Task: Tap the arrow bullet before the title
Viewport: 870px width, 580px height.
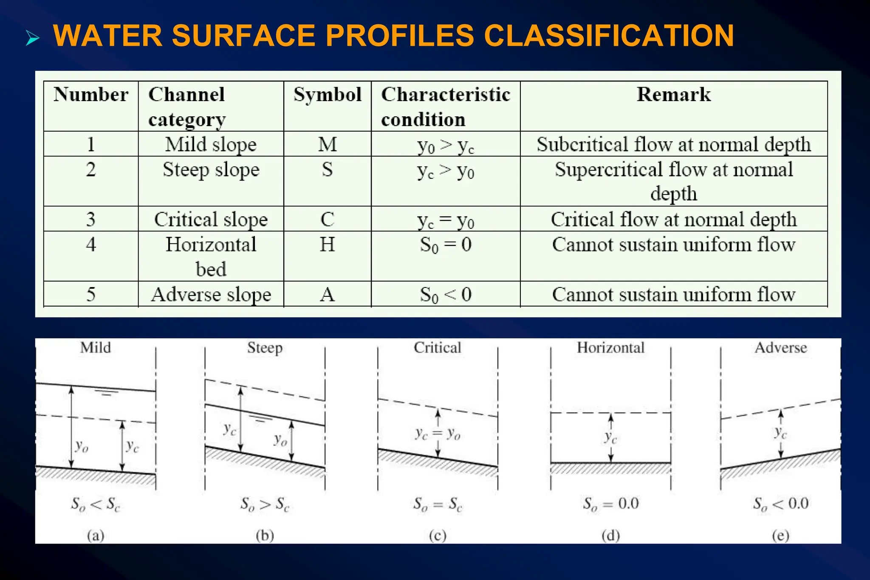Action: pos(32,38)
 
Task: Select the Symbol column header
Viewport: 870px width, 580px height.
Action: pos(328,94)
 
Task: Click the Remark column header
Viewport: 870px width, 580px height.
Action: pos(674,94)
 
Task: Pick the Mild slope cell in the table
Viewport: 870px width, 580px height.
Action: pos(211,144)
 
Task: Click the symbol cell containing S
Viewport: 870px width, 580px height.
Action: pos(327,169)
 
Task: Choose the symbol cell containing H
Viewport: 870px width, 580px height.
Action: pos(327,245)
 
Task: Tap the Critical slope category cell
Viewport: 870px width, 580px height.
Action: pos(211,220)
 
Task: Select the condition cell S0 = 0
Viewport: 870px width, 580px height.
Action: pos(446,245)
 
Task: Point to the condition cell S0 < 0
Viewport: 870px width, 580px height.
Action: pos(446,295)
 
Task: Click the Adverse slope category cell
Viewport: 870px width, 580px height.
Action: pos(211,295)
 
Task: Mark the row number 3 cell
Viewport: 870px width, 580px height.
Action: pos(91,220)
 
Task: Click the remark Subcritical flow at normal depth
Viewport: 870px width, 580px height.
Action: pos(674,144)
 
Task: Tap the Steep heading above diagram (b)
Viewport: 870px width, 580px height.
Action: pos(265,348)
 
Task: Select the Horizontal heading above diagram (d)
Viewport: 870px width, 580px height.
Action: pos(610,348)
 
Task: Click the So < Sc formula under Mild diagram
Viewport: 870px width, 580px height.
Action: pos(96,504)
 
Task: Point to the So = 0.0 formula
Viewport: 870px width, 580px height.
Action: pos(610,504)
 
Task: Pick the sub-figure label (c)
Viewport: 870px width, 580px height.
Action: pos(438,535)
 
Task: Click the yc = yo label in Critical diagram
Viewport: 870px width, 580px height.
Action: pos(438,434)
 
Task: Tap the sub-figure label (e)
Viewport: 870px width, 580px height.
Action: pos(780,535)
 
